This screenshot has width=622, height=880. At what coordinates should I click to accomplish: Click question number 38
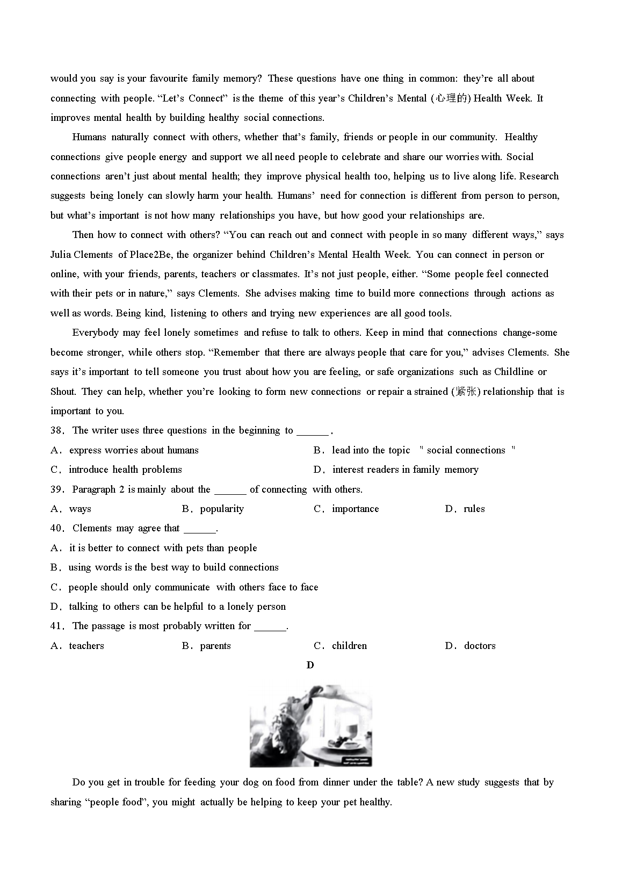coord(56,430)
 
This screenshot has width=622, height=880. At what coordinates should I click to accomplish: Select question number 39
coord(56,489)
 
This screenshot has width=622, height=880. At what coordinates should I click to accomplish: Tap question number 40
coord(56,528)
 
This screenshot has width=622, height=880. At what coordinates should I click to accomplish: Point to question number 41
coord(56,626)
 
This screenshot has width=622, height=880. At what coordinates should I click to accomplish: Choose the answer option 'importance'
coord(355,509)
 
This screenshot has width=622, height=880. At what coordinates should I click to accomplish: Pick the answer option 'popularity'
coord(221,509)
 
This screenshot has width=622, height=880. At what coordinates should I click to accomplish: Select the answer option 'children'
coord(349,646)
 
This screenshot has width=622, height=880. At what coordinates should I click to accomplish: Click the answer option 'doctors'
coord(480,646)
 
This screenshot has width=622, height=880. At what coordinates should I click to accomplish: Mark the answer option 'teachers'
coord(86,646)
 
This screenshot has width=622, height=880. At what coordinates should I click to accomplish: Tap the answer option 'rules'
coord(474,509)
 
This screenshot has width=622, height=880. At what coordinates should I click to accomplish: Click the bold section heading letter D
coord(310,665)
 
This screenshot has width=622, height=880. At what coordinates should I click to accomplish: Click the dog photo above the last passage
coord(311,725)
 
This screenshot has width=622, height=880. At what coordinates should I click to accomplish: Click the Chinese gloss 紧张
coord(465,392)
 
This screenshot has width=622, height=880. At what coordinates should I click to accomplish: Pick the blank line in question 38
coord(313,431)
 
